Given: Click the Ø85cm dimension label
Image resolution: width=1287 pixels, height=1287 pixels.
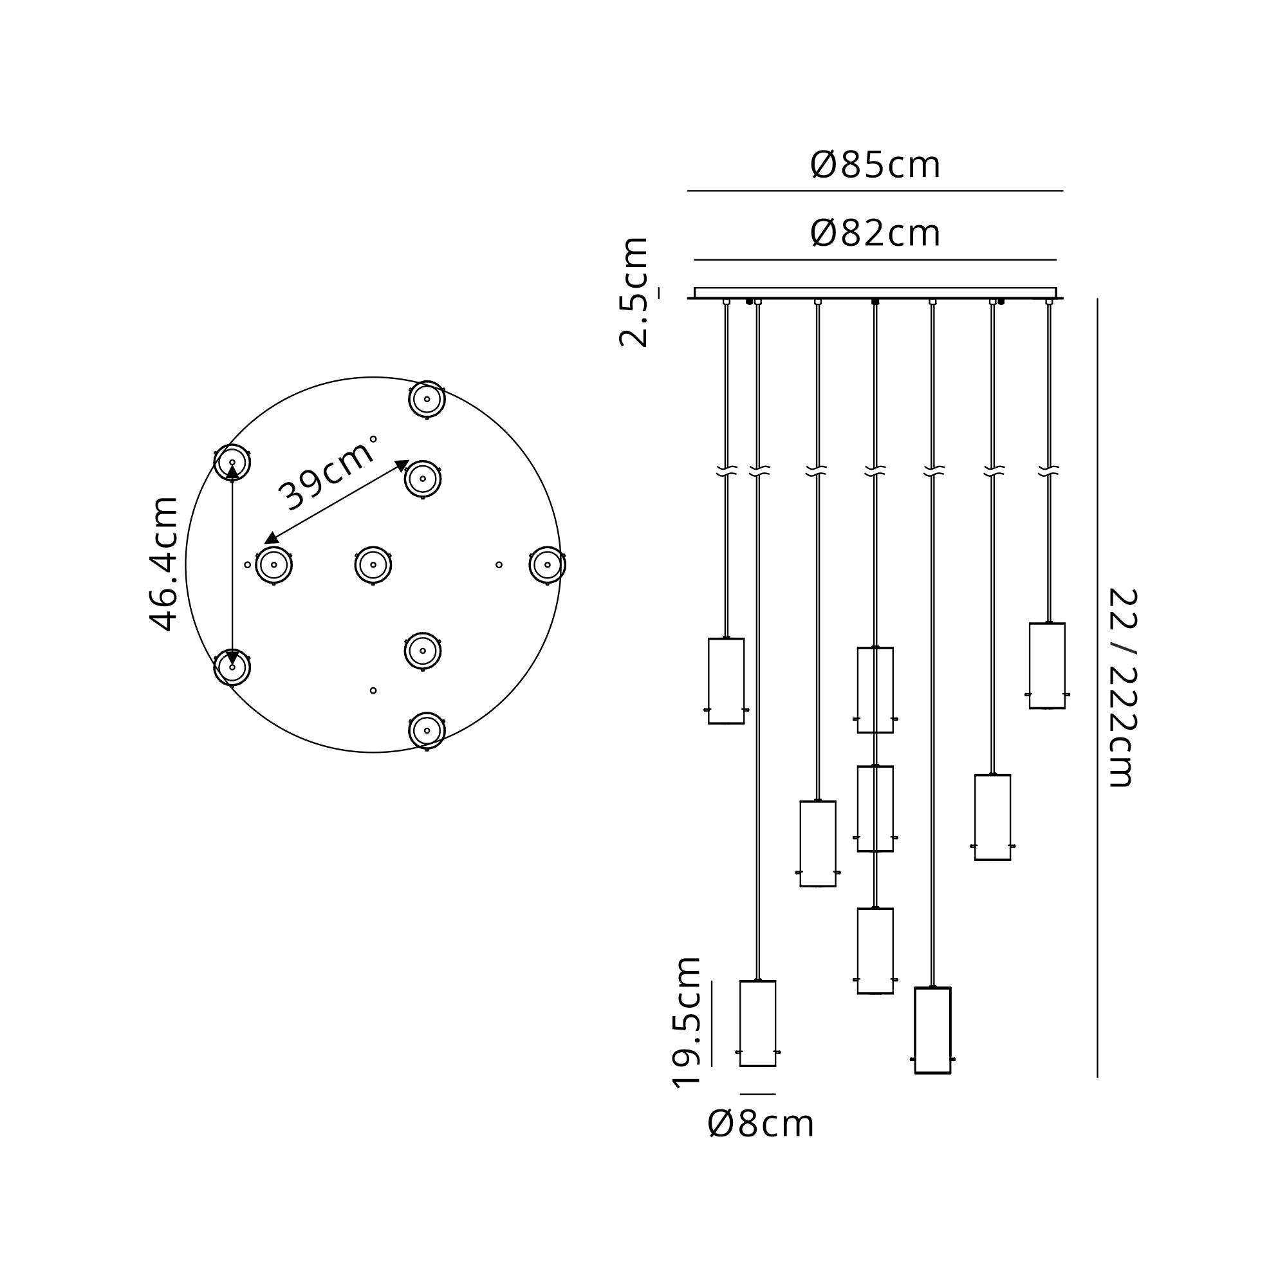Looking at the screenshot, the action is tap(875, 165).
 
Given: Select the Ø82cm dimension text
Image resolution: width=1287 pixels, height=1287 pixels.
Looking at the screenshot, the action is tap(875, 233).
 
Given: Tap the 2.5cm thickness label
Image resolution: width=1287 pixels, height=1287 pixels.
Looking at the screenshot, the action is tap(633, 292).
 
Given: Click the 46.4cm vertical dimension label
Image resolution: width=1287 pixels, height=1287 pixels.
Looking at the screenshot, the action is tap(164, 564).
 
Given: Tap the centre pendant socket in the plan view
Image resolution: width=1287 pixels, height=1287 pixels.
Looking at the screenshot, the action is tap(373, 565).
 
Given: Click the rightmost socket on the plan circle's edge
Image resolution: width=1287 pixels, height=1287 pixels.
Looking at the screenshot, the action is tap(548, 565).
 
